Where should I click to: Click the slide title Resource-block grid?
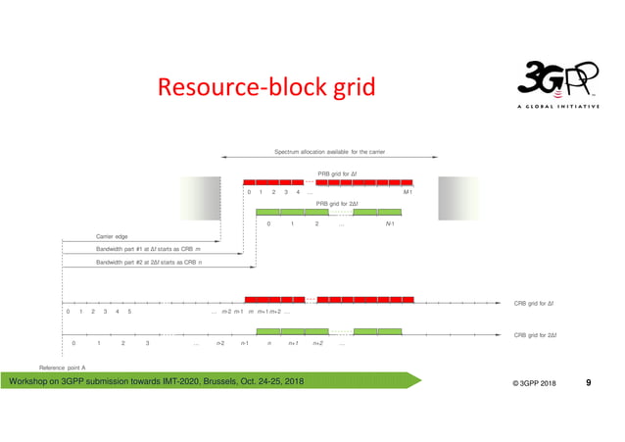coord(264,88)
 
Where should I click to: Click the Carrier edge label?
coord(112,236)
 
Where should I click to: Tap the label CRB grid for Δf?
coord(535,303)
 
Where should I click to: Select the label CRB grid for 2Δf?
coord(535,335)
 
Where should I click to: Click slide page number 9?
coord(588,381)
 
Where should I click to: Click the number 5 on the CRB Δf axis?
coord(129,312)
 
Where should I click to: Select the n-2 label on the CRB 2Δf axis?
coord(220,344)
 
